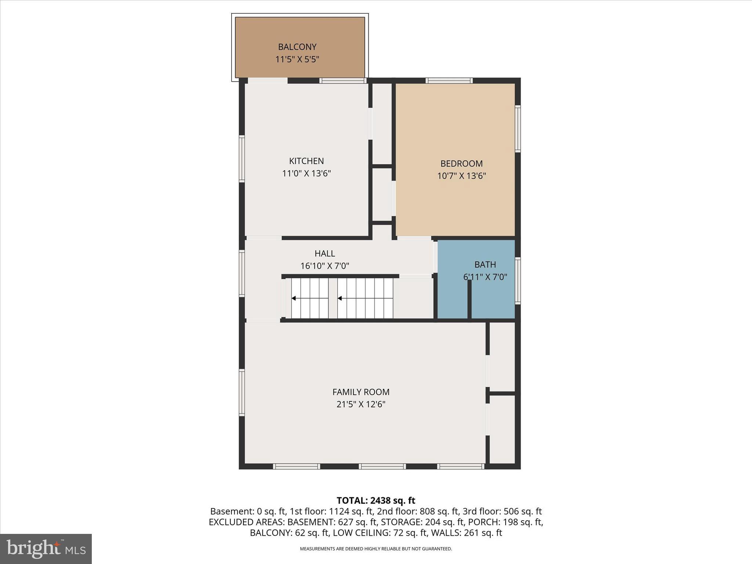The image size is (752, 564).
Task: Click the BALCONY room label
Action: click(297, 47)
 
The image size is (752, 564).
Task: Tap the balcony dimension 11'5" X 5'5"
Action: click(297, 59)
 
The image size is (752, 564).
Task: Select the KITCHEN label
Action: click(306, 161)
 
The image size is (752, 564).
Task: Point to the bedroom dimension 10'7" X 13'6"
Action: click(461, 176)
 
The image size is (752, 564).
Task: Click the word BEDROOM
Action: click(461, 163)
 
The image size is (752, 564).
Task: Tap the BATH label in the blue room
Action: click(485, 264)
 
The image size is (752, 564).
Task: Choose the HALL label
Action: click(325, 253)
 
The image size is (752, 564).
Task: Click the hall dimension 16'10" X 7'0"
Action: click(325, 265)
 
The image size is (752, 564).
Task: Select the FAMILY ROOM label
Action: click(361, 392)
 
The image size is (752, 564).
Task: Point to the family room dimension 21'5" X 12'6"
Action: click(361, 404)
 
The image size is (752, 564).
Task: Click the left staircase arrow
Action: click(294, 298)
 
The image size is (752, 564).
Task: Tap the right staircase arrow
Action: click(340, 298)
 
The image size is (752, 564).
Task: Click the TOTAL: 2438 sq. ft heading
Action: click(376, 500)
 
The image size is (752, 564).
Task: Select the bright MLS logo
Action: click(46, 549)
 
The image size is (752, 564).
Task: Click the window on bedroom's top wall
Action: click(449, 80)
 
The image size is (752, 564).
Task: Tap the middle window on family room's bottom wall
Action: click(382, 466)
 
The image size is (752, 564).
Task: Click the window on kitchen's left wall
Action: click(242, 159)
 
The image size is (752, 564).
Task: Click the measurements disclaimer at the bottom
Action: click(376, 549)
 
